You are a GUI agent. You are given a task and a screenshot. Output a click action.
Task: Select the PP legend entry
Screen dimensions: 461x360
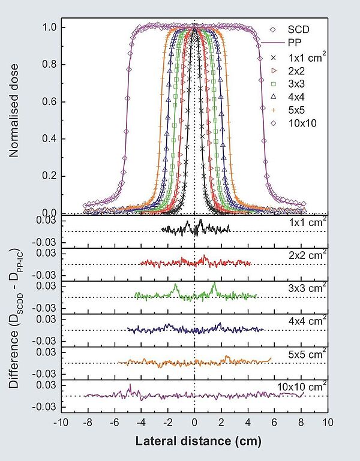click(294, 43)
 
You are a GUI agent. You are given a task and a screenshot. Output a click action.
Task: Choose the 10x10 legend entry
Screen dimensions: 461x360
click(298, 123)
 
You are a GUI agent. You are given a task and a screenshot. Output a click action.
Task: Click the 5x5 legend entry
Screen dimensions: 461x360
click(294, 110)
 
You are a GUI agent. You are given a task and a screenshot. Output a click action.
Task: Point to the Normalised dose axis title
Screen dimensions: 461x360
click(14, 118)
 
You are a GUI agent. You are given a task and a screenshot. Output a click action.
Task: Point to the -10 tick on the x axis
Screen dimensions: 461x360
click(60, 422)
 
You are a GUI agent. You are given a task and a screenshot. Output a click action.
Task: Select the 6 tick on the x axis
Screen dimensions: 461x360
click(275, 422)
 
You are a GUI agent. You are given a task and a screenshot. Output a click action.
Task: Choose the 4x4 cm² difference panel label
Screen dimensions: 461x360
click(307, 321)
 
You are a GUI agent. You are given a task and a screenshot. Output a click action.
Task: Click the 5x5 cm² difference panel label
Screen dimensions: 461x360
click(307, 354)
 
